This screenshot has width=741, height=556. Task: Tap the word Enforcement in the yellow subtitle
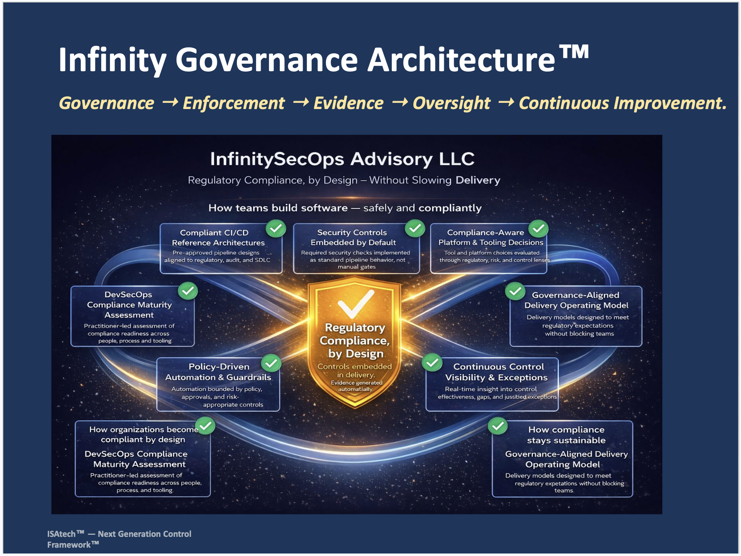[x=234, y=103]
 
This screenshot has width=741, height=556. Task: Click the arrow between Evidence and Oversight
[x=400, y=102]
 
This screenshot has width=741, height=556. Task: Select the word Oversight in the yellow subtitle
[x=451, y=103]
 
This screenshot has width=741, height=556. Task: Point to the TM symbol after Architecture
[x=574, y=52]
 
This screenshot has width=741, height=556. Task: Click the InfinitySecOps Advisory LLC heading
[x=342, y=159]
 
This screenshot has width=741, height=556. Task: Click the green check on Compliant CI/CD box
[x=276, y=228]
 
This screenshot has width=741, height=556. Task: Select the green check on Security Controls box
[x=415, y=228]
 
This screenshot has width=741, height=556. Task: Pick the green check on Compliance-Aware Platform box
[x=538, y=228]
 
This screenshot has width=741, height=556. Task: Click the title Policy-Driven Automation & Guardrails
[x=218, y=372]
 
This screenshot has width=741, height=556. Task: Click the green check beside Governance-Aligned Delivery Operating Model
[x=515, y=291]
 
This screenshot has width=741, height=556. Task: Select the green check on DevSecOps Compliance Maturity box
[x=188, y=291]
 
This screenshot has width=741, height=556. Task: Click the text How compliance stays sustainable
[x=566, y=435]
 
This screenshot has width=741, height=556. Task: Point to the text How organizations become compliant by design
[x=143, y=434]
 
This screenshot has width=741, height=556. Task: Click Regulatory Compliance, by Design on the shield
[x=355, y=340]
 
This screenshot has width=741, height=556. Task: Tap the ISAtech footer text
[x=119, y=539]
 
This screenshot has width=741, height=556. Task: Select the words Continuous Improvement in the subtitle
[x=622, y=103]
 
